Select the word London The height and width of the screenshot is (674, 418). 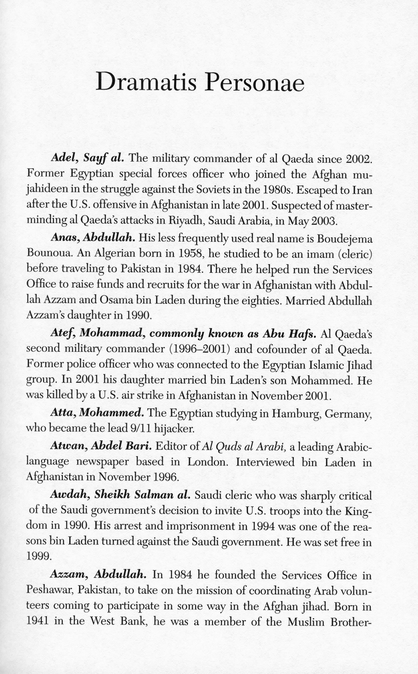pos(204,462)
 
